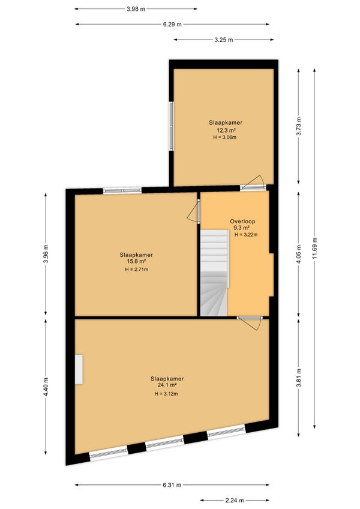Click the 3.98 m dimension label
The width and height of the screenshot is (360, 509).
coord(136,9)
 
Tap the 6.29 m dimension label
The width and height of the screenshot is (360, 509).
coord(172,25)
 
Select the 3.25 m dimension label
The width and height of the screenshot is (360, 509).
coord(224,40)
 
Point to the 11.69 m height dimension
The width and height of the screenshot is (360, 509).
coord(314,248)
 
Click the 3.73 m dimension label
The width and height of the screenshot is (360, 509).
coord(299,127)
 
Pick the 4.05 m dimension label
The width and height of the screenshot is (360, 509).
coord(299,254)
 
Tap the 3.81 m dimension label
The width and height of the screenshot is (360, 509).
coord(299,378)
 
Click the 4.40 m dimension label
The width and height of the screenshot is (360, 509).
coord(46,387)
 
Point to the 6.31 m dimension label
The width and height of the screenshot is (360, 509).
coord(172,485)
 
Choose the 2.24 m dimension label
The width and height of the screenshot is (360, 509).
coord(235,500)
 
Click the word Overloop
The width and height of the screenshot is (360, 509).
coord(242,221)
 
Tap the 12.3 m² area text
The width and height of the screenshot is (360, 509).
coord(226,130)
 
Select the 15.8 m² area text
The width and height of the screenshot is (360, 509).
coord(136,261)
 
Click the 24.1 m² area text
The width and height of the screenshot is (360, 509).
coord(167,385)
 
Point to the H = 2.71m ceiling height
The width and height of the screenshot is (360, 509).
coord(137,270)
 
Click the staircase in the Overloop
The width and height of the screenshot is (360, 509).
coord(214,273)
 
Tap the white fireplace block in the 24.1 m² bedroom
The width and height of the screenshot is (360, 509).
coord(79,369)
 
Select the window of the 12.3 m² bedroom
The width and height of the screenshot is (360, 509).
coord(172,126)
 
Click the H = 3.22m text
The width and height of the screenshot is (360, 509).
coord(246,235)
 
